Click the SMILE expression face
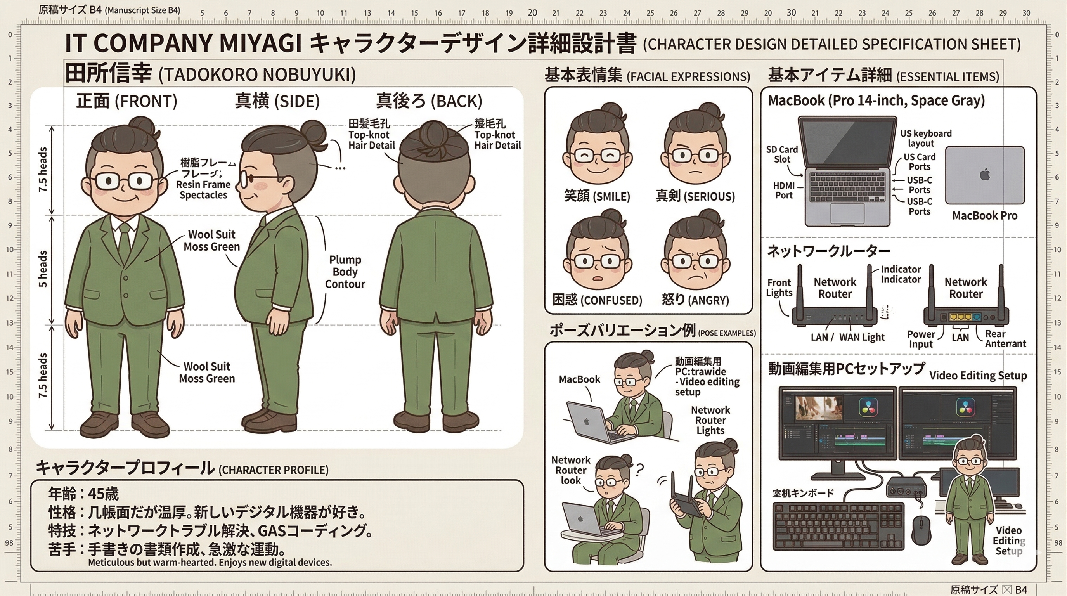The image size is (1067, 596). click(x=597, y=155)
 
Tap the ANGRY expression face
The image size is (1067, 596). click(x=695, y=261)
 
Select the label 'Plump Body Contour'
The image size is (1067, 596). click(x=345, y=272)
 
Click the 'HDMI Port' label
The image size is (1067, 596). click(x=784, y=191)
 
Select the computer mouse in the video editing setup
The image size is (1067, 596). click(x=921, y=530)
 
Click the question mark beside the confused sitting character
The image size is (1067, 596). click(x=639, y=469)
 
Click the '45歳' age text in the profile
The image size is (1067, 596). click(x=103, y=494)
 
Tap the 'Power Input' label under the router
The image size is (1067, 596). click(x=921, y=339)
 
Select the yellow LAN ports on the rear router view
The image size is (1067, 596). click(x=960, y=317)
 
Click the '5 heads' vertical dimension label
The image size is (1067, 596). click(x=43, y=269)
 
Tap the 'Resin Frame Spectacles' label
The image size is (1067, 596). click(x=203, y=190)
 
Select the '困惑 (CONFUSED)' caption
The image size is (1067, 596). click(x=597, y=300)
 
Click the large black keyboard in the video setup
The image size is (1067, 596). click(x=838, y=526)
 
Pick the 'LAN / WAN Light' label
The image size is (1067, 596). click(x=847, y=337)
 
